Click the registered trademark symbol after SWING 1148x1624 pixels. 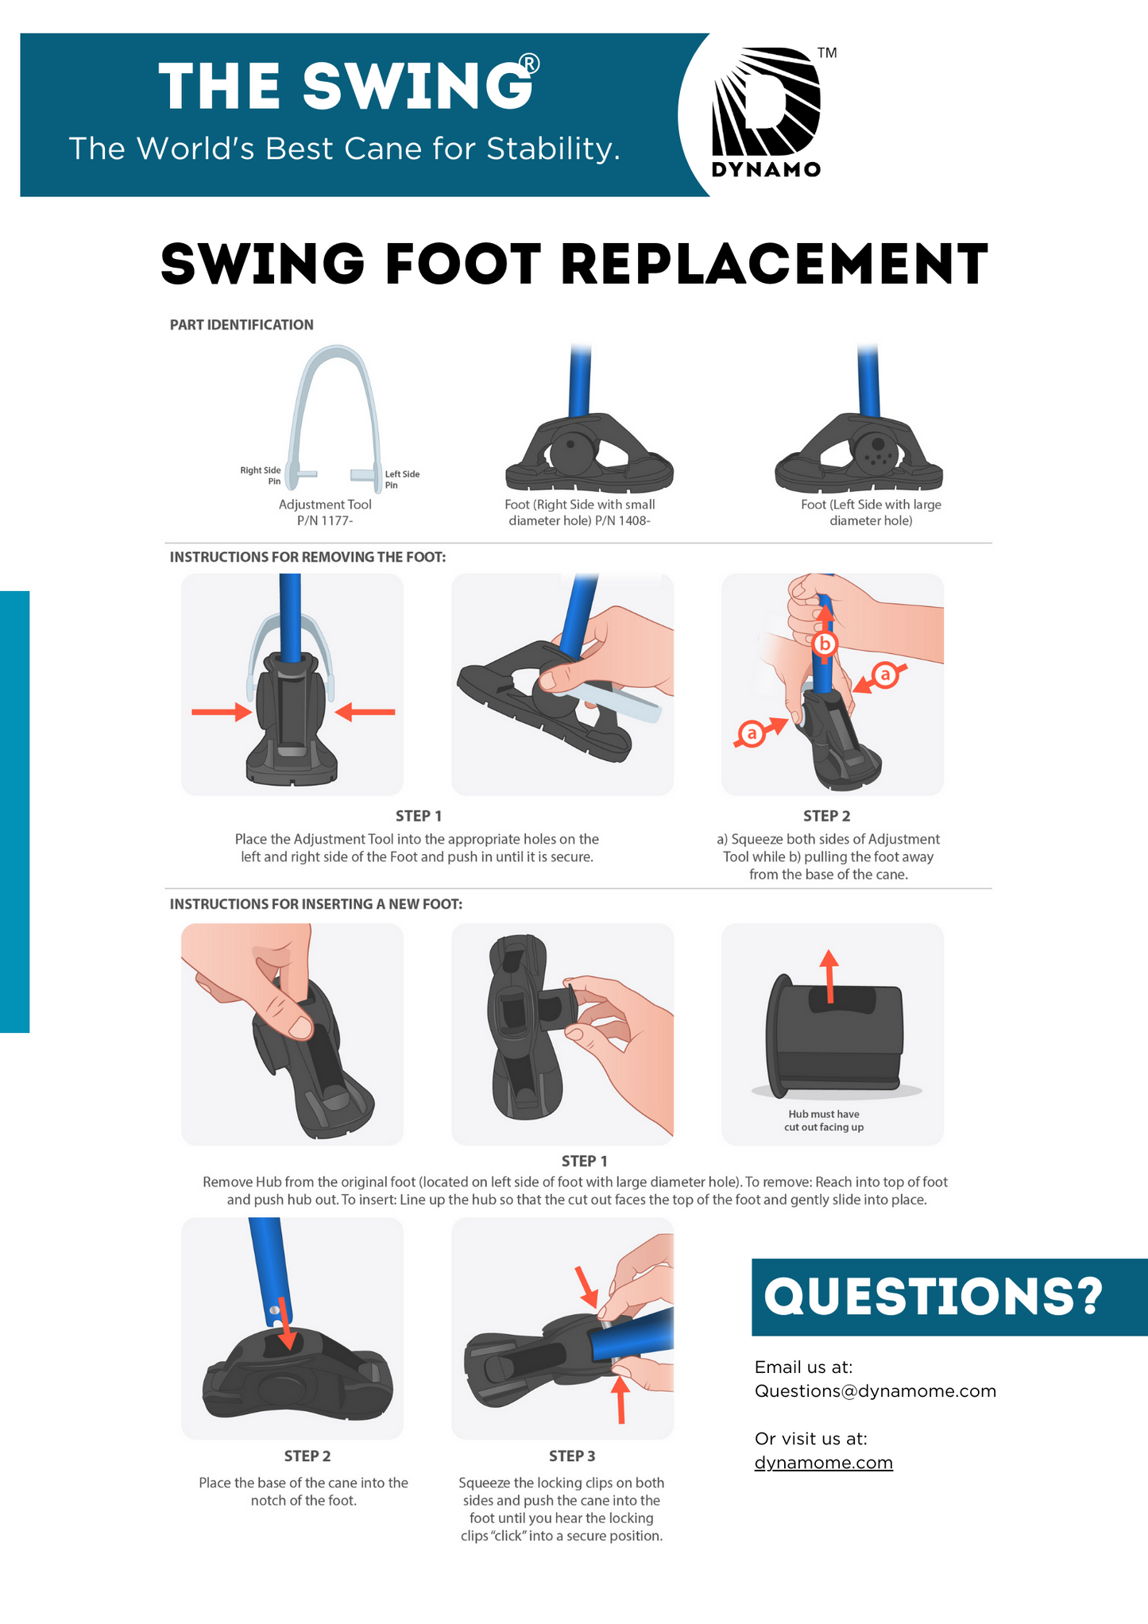tap(529, 64)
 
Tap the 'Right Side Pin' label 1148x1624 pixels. tap(261, 475)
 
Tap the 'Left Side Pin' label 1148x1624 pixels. tap(402, 479)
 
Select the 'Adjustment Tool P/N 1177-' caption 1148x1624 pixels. tap(325, 512)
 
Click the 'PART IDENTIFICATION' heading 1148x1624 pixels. tap(242, 324)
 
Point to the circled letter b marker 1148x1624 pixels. tap(825, 644)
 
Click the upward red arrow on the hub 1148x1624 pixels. tap(829, 976)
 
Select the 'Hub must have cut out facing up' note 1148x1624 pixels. tap(824, 1120)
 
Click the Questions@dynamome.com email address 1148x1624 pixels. tap(875, 1390)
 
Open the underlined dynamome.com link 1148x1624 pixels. tap(824, 1462)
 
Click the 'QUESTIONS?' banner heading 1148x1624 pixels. tap(933, 1297)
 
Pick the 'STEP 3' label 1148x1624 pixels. tap(572, 1456)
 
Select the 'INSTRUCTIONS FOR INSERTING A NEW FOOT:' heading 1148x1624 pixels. tap(316, 904)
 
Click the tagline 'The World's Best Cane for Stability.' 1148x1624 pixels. tap(344, 149)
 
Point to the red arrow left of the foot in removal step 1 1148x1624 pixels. tap(222, 711)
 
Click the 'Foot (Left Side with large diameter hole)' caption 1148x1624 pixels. tap(871, 512)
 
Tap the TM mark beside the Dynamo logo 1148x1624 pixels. tap(827, 53)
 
